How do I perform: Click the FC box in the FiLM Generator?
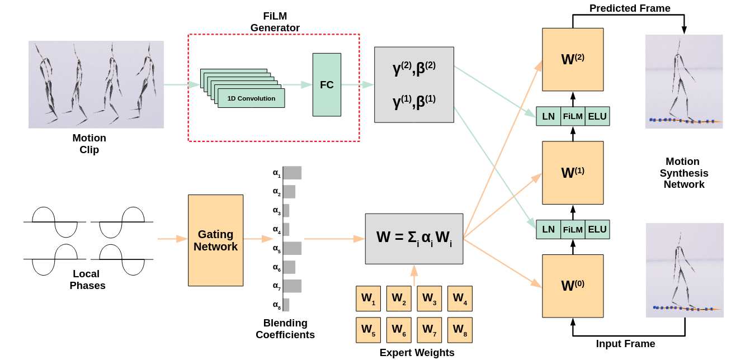point(327,85)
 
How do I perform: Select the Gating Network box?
point(215,240)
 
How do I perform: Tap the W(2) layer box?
point(573,59)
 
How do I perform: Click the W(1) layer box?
point(573,173)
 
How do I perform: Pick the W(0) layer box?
point(573,286)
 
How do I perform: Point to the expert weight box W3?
point(429,299)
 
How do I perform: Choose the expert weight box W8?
point(460,330)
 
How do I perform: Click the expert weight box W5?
point(368,330)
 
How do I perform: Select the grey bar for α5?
point(292,248)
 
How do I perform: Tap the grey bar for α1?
point(292,173)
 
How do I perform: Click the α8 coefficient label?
point(276,305)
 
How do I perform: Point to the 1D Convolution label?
point(251,98)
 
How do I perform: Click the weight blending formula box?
point(414,238)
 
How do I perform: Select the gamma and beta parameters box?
point(414,84)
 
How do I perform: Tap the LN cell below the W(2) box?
point(549,116)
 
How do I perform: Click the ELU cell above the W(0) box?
point(597,229)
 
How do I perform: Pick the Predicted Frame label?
point(630,8)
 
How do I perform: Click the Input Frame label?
point(625,344)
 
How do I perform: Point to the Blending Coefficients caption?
point(285,329)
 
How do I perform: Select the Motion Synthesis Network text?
point(684,173)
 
